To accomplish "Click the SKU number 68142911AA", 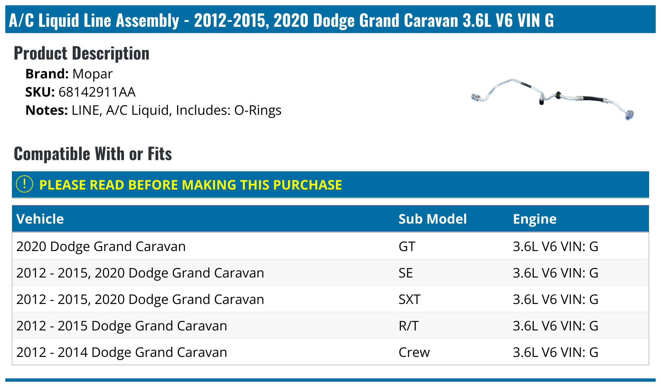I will pos(97,92).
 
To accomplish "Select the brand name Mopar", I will pos(93,74).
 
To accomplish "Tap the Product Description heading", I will pos(82,53).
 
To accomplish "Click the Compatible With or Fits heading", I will pos(93,154).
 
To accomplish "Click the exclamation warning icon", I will pos(24,184).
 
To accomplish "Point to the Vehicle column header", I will pos(40,219).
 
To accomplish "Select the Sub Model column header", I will pos(432,219).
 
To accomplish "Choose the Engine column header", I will pos(534,219).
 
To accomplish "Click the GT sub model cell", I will pos(407,247).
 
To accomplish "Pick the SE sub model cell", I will pos(406,273).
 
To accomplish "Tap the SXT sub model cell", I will pos(409,300).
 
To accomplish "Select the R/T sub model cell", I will pos(408,326).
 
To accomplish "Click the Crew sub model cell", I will pos(414,353).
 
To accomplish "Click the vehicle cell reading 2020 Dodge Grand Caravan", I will pos(101,247).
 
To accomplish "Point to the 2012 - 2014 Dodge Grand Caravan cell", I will pos(122,353).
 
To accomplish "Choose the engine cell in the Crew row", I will pos(555,353).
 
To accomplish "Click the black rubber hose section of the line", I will pos(593,99).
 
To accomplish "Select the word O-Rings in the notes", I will pos(258,110).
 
